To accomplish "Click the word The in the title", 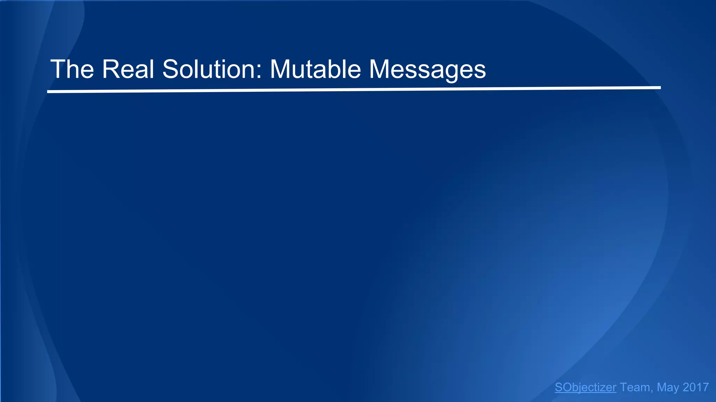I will (72, 69).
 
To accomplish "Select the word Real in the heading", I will (128, 69).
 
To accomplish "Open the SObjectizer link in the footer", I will (585, 387).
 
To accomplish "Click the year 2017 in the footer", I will (696, 387).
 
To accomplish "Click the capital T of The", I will (58, 69).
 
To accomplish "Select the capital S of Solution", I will (171, 69).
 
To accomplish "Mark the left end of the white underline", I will (48, 92).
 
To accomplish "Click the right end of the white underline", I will (660, 88).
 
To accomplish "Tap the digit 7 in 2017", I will (705, 387).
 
